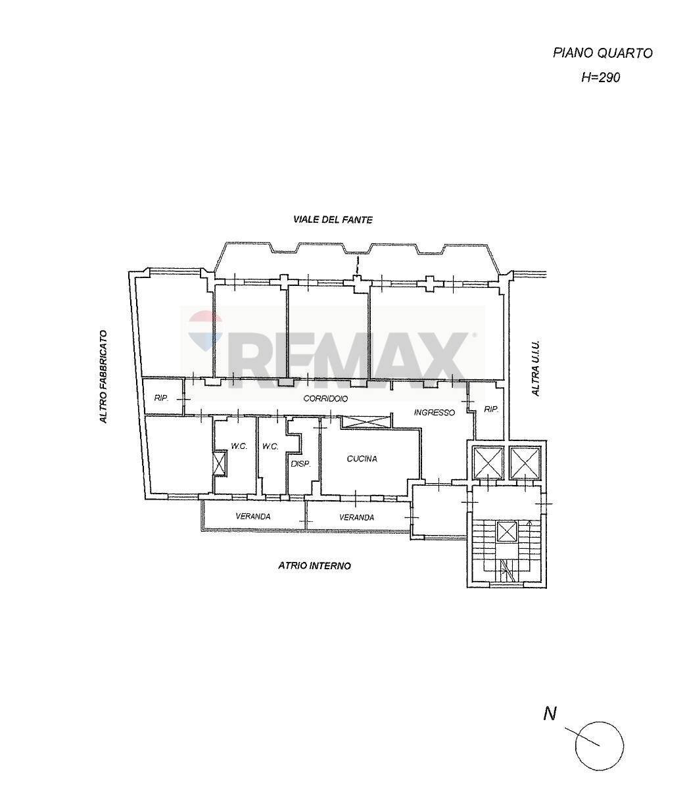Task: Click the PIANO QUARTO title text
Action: point(602,53)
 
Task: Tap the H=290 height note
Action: point(600,77)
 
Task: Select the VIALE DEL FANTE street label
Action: point(333,220)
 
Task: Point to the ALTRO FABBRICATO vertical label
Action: point(103,376)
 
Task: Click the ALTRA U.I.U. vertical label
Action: point(535,368)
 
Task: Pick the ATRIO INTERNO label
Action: point(314,565)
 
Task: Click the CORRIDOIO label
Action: point(325,399)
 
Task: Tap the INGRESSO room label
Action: point(434,413)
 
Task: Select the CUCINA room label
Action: point(362,459)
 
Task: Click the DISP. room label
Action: point(300,463)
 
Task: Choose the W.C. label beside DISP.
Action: point(270,446)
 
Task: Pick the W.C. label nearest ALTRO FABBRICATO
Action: point(239,446)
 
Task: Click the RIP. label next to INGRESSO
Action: point(490,409)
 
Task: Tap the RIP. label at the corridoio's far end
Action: point(161,398)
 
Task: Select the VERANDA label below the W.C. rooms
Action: point(253,517)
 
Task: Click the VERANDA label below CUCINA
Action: point(356,517)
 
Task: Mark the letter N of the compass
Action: point(550,713)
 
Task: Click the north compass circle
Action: point(599,745)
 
